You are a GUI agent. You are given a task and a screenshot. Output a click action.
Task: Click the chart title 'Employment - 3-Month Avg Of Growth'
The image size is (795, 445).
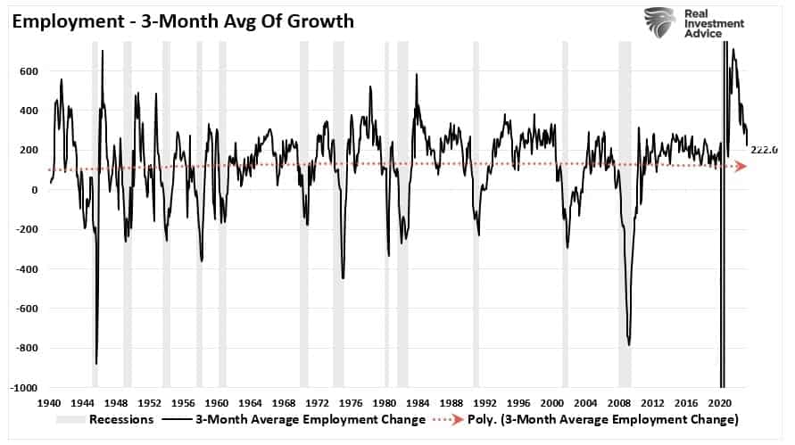179,20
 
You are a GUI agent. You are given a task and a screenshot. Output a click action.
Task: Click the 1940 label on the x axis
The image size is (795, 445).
50,402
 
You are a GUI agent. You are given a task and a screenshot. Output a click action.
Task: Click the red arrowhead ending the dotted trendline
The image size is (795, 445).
741,167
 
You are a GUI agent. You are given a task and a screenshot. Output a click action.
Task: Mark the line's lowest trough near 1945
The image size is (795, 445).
96,363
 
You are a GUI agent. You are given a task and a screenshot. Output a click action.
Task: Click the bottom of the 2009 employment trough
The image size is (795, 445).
629,344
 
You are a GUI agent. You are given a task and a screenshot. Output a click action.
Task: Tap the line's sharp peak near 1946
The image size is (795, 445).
102,51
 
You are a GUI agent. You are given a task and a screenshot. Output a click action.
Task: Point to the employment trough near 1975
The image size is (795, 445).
344,278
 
